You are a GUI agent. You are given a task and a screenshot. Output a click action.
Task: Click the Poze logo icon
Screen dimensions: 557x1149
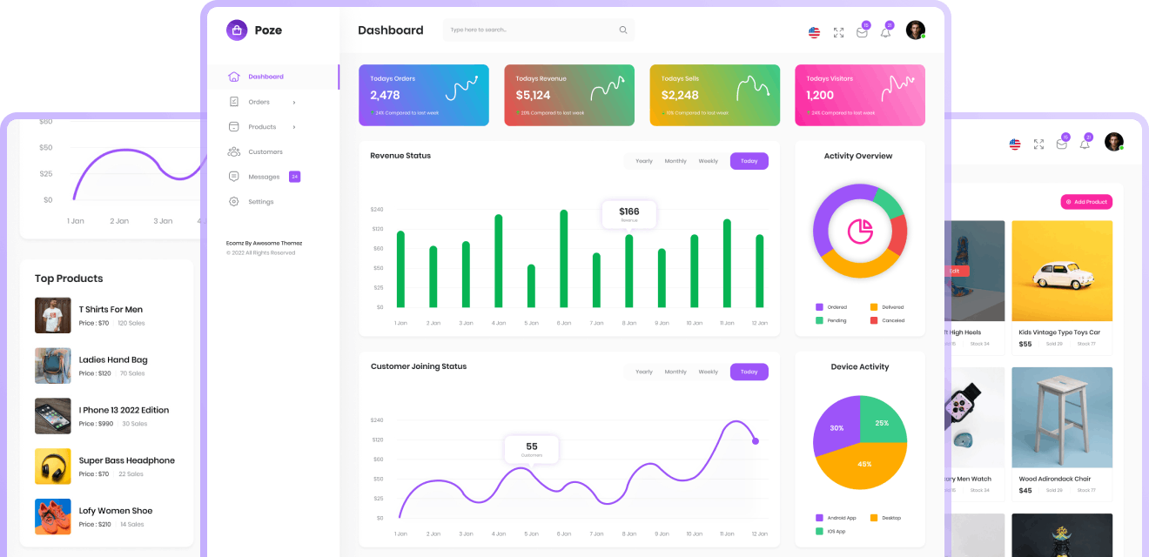(237, 30)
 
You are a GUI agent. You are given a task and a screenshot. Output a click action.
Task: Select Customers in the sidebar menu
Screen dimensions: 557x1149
(265, 151)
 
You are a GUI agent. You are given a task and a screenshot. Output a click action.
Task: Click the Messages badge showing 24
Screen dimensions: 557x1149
(294, 177)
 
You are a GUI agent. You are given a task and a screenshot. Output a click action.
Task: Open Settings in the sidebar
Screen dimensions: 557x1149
(260, 202)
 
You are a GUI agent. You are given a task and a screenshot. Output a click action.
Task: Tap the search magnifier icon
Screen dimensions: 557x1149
(623, 30)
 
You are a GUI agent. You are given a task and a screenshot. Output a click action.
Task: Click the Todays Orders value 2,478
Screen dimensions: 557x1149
(385, 96)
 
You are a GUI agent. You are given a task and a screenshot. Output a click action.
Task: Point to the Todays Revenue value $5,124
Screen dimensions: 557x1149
(533, 96)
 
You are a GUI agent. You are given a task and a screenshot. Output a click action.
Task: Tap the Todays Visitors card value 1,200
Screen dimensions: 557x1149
(820, 96)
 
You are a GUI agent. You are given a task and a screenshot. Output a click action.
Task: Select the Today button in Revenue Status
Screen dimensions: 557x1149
(749, 161)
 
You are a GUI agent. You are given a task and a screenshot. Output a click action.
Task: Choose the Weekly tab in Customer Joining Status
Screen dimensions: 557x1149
(708, 372)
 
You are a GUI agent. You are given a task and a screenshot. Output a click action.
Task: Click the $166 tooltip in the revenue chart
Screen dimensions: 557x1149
(628, 213)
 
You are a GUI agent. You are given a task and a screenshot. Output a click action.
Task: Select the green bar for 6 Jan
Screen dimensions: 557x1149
(563, 258)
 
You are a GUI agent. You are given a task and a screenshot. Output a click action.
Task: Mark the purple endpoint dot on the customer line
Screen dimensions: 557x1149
(756, 441)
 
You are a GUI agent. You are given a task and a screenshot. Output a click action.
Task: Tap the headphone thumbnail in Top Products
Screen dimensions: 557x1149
(52, 466)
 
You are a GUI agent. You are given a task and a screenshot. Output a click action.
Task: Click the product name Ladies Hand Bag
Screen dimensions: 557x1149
(113, 359)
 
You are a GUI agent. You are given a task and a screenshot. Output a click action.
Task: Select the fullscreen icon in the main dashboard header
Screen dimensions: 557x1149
(838, 32)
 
